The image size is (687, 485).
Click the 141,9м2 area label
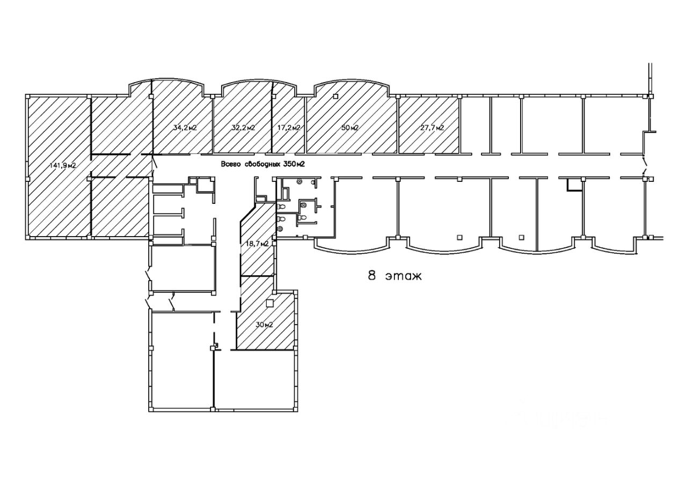tap(63, 165)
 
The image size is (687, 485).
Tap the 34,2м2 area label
tap(184, 128)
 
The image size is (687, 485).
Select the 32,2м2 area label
tap(243, 128)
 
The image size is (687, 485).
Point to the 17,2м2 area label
tap(289, 128)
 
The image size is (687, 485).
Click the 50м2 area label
tap(350, 128)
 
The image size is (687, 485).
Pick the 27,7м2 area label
tap(432, 128)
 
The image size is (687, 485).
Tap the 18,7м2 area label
tap(257, 244)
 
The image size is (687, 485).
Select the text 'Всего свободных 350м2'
tap(263, 165)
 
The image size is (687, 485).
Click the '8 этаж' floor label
tap(394, 277)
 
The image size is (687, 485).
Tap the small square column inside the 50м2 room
tap(335, 97)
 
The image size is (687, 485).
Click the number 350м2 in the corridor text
tap(294, 165)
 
